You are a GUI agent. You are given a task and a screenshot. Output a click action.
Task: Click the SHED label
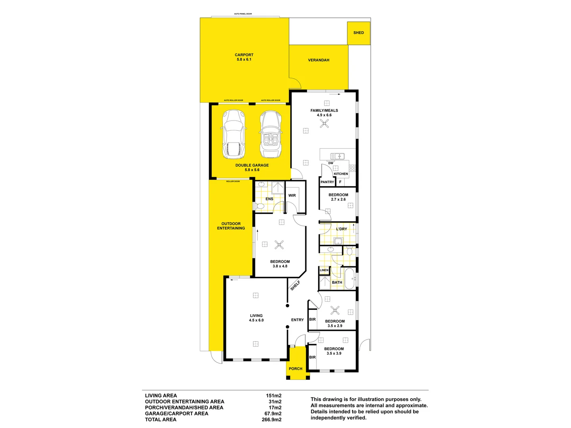tap(358, 33)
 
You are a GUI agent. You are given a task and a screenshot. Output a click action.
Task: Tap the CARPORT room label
tap(244, 55)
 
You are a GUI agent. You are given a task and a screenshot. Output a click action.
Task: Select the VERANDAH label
tap(318, 60)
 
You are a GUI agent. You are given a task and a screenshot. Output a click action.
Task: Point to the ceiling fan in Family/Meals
tap(324, 124)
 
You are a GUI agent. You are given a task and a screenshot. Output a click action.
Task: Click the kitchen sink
tap(337, 156)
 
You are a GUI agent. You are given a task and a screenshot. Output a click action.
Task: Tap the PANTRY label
tap(327, 182)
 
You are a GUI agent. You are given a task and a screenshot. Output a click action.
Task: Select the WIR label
tap(292, 195)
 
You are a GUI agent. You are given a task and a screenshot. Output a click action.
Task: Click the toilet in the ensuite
tap(260, 206)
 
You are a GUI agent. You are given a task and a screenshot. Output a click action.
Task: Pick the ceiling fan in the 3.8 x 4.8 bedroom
tap(279, 245)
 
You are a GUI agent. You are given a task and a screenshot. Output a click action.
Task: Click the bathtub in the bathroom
tap(349, 279)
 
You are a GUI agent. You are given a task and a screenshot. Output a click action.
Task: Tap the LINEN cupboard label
tap(324, 270)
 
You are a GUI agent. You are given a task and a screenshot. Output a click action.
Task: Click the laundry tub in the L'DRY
tap(338, 241)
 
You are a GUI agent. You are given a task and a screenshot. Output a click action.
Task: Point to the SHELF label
tap(295, 285)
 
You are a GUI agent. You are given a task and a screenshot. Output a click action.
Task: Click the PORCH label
tap(295, 369)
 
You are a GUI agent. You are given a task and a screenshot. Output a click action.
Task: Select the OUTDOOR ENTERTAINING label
tap(231, 226)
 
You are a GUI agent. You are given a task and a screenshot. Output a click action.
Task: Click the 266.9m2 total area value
tap(272, 420)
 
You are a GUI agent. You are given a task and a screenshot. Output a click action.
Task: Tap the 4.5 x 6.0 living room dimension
tap(256, 320)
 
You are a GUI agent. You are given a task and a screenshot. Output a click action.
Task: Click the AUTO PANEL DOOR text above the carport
tap(243, 14)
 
